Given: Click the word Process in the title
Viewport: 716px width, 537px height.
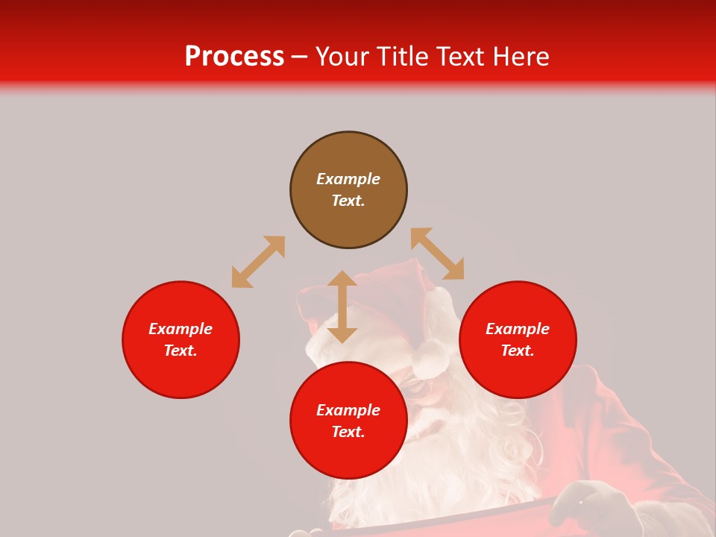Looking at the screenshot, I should [x=234, y=57].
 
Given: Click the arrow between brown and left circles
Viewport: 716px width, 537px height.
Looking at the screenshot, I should [x=258, y=262].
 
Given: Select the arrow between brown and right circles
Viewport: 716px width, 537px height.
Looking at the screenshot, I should [x=437, y=254].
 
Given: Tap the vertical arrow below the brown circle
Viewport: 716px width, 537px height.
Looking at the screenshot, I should [x=342, y=307].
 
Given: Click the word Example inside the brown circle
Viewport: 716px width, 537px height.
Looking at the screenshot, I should [x=348, y=179].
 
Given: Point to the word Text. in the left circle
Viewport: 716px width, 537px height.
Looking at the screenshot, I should [x=180, y=351].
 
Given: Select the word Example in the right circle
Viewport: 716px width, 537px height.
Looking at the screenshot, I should [x=518, y=329].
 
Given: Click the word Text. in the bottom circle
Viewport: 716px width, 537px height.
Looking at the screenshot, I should [x=348, y=432].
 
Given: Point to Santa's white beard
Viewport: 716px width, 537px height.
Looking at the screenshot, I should [x=447, y=447].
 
